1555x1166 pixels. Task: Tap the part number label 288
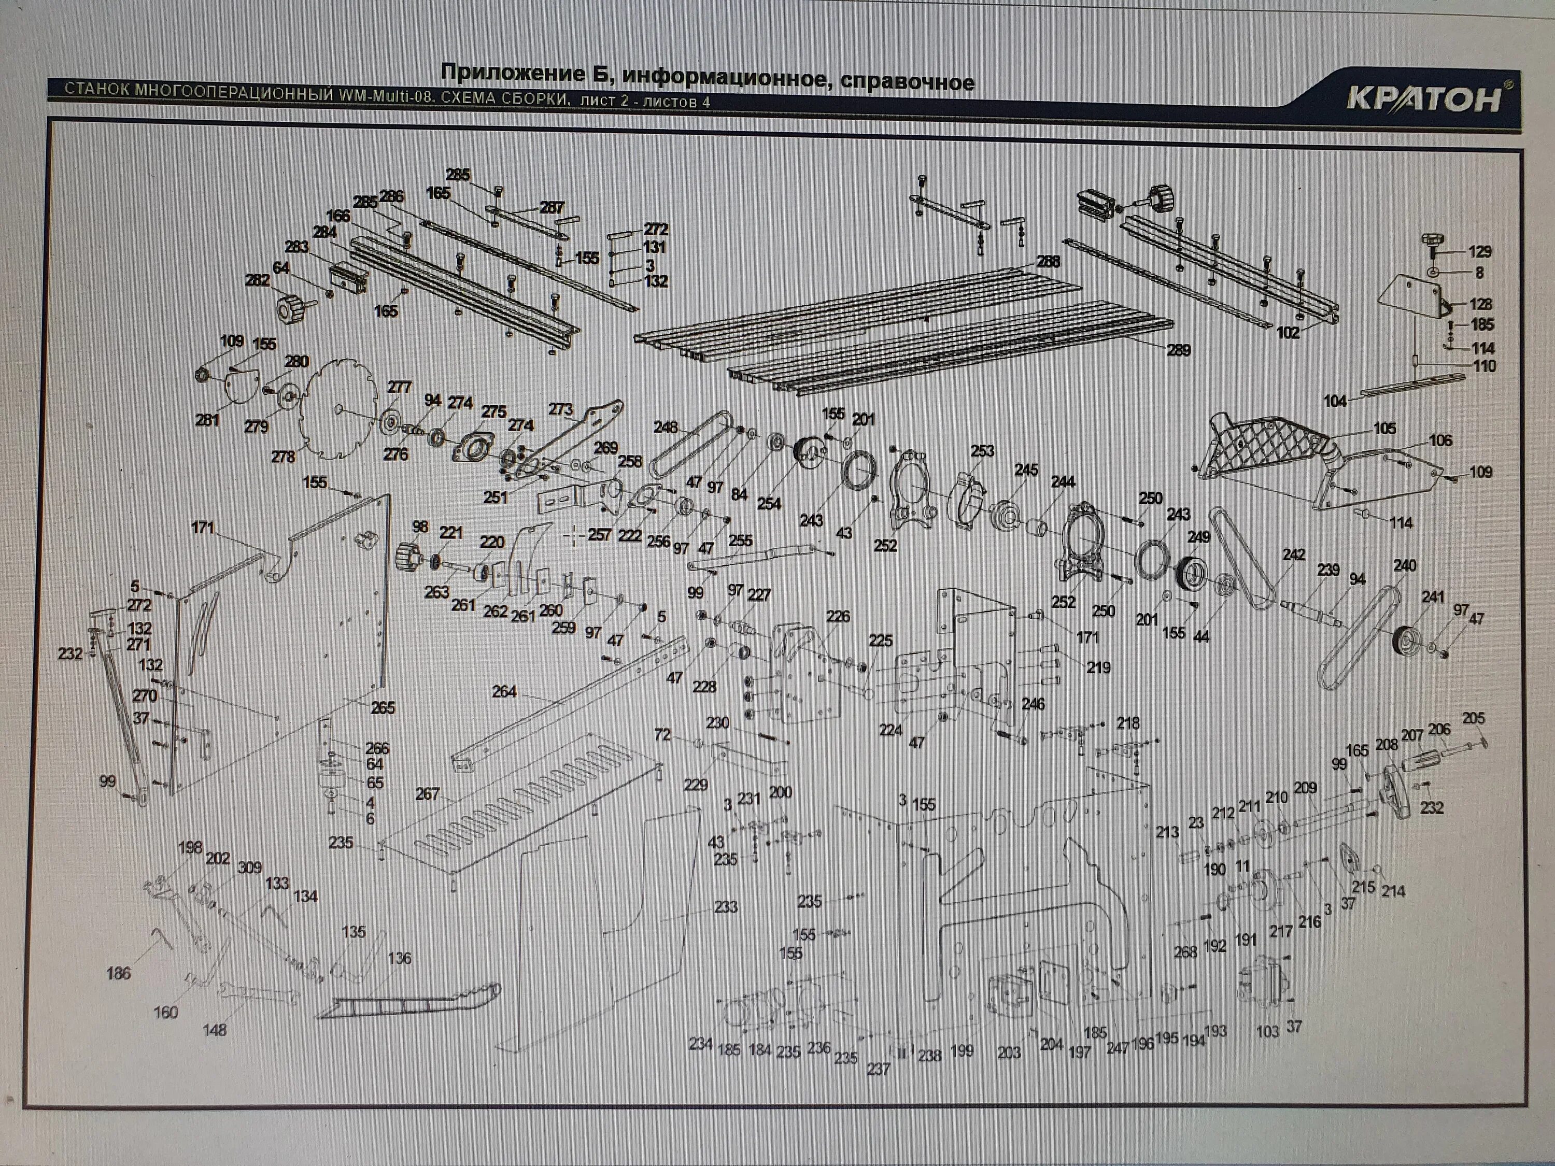[1048, 262]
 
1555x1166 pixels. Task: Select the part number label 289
[1178, 350]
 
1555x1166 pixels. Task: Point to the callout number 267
[428, 794]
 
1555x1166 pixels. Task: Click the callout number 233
[726, 907]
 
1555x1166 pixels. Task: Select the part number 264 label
[504, 692]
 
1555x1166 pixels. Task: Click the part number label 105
[1384, 428]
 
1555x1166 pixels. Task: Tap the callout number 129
[1480, 251]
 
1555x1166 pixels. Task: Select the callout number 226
[838, 616]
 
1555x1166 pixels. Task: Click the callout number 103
[1267, 1031]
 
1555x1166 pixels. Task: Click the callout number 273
[560, 409]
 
